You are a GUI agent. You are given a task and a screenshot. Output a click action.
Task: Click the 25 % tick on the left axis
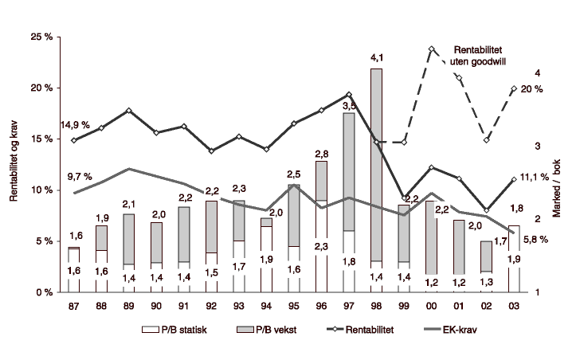click(x=41, y=37)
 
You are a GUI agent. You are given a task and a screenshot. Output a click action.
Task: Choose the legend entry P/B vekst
click(x=268, y=329)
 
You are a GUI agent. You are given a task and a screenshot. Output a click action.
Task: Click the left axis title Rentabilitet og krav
click(x=14, y=164)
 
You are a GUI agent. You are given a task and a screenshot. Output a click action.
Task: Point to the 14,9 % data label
click(x=75, y=126)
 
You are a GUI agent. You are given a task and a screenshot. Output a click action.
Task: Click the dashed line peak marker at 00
click(x=431, y=49)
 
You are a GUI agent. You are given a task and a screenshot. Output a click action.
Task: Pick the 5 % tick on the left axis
click(x=43, y=241)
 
